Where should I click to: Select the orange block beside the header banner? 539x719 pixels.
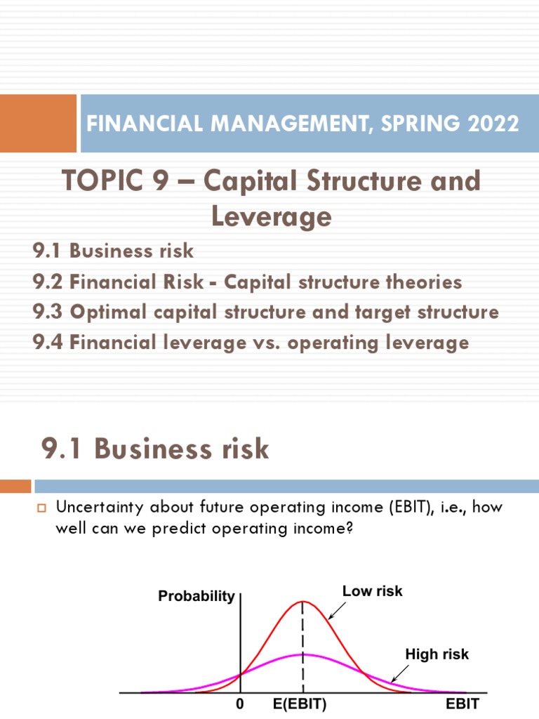(x=38, y=123)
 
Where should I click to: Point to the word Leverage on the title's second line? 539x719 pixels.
(x=271, y=216)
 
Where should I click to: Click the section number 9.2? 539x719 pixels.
(x=48, y=282)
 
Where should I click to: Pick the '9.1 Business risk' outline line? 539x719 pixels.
(x=112, y=251)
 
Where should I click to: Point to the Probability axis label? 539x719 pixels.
(x=197, y=596)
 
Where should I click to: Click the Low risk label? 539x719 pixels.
(x=372, y=591)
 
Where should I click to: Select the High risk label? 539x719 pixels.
(x=437, y=654)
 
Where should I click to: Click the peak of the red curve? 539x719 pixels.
(x=303, y=602)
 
